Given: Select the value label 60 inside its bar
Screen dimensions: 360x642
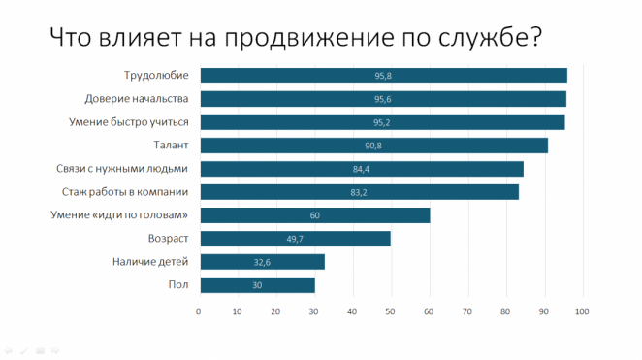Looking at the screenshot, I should [x=315, y=215].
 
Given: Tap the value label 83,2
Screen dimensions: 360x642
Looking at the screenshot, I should [x=359, y=192].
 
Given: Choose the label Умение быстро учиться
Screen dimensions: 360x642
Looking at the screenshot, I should [x=129, y=122].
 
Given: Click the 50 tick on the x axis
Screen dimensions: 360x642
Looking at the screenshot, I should [x=391, y=311].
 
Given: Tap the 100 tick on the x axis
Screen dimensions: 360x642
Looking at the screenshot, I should [x=582, y=311].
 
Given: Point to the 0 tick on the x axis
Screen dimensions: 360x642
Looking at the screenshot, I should [x=199, y=311].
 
